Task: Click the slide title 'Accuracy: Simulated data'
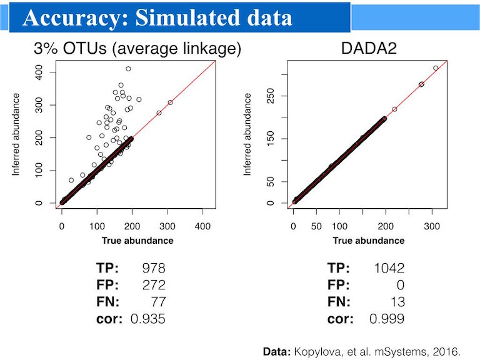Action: pyautogui.click(x=157, y=18)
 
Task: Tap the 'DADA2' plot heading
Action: pyautogui.click(x=370, y=48)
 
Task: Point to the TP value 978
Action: pyautogui.click(x=153, y=268)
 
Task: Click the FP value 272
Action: pyautogui.click(x=153, y=285)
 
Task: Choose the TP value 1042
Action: pyautogui.click(x=389, y=268)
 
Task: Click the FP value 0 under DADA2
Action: pyautogui.click(x=400, y=285)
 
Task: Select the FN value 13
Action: pyautogui.click(x=397, y=302)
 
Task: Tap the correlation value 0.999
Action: pyautogui.click(x=386, y=319)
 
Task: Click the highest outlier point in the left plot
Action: pyautogui.click(x=128, y=69)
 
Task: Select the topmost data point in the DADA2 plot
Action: pyautogui.click(x=436, y=68)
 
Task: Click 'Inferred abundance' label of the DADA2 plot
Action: pyautogui.click(x=249, y=134)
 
